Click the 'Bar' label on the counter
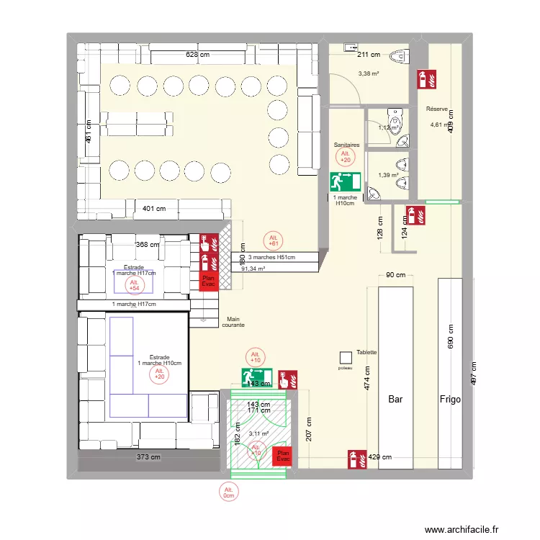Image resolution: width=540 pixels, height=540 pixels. click(395, 398)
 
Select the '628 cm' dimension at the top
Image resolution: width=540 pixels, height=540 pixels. click(198, 55)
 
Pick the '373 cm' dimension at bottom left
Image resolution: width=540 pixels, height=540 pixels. click(150, 456)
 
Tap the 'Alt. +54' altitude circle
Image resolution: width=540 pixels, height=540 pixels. click(133, 285)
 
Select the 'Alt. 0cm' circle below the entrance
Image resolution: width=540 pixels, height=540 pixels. click(229, 492)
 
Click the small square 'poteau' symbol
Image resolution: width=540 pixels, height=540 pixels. click(346, 357)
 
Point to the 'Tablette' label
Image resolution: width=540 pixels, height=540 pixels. click(366, 353)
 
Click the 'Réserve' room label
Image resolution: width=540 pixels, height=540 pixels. click(437, 109)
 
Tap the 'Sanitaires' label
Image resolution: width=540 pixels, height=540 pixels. click(346, 145)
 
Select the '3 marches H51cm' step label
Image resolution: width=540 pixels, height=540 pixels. click(272, 257)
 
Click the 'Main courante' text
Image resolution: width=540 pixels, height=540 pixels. click(235, 322)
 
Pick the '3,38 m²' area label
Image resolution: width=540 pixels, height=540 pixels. click(369, 73)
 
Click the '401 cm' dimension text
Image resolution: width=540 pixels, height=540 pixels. click(153, 210)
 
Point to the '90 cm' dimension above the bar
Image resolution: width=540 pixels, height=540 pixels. click(395, 275)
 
